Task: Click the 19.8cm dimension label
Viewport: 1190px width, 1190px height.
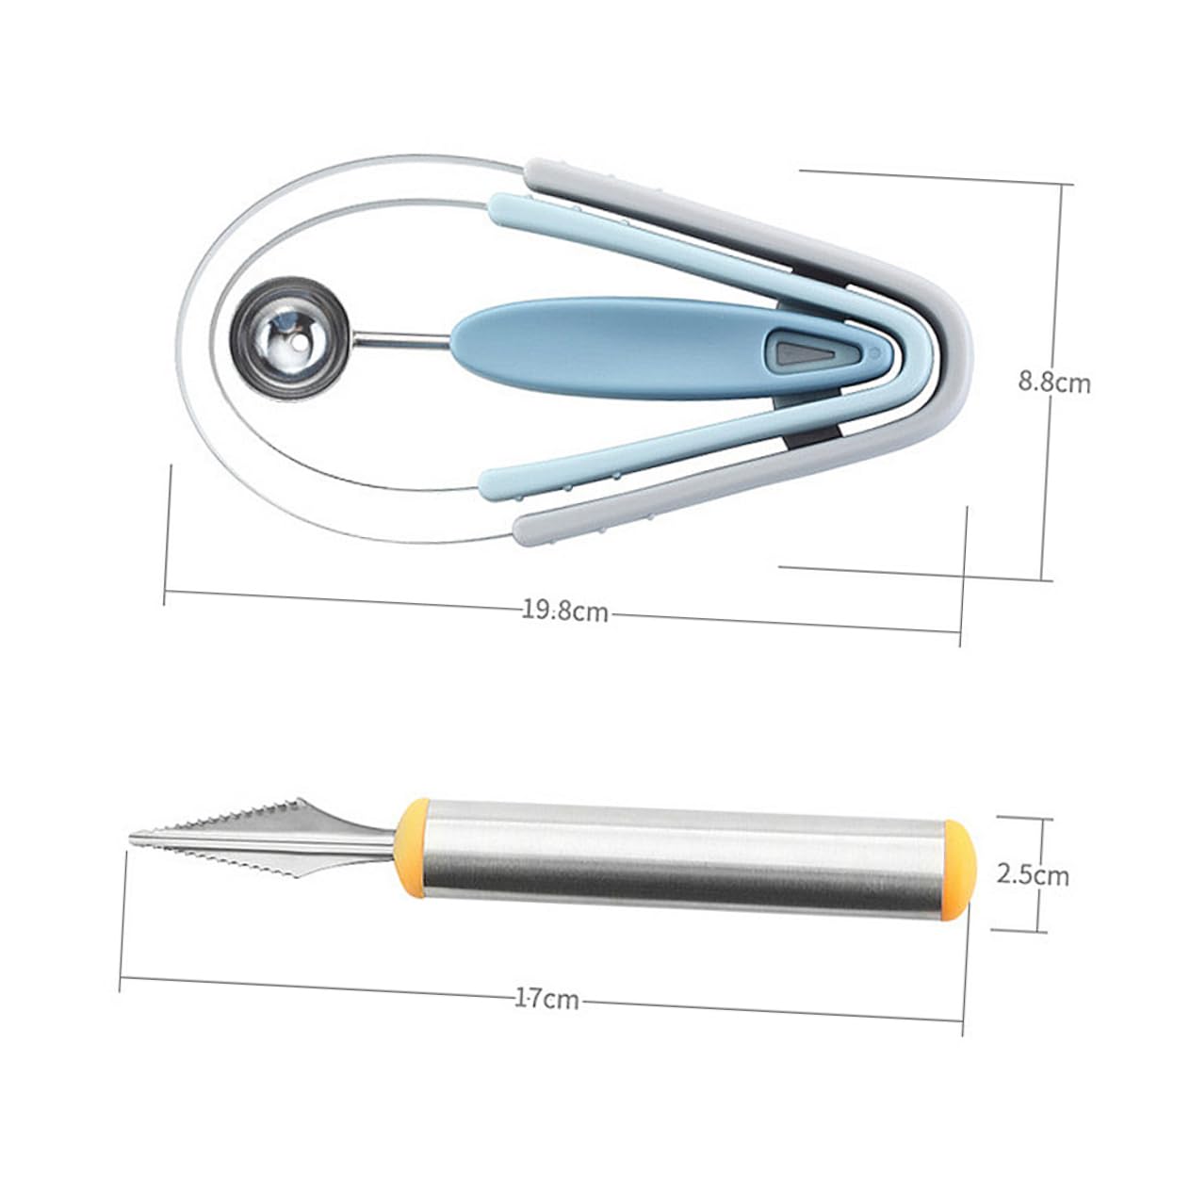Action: [565, 611]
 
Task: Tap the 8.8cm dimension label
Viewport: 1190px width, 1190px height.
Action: [1053, 383]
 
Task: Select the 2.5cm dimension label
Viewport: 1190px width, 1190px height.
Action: [1034, 874]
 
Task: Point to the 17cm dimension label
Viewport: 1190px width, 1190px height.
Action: [547, 999]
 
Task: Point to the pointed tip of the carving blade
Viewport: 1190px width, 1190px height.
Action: [134, 838]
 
